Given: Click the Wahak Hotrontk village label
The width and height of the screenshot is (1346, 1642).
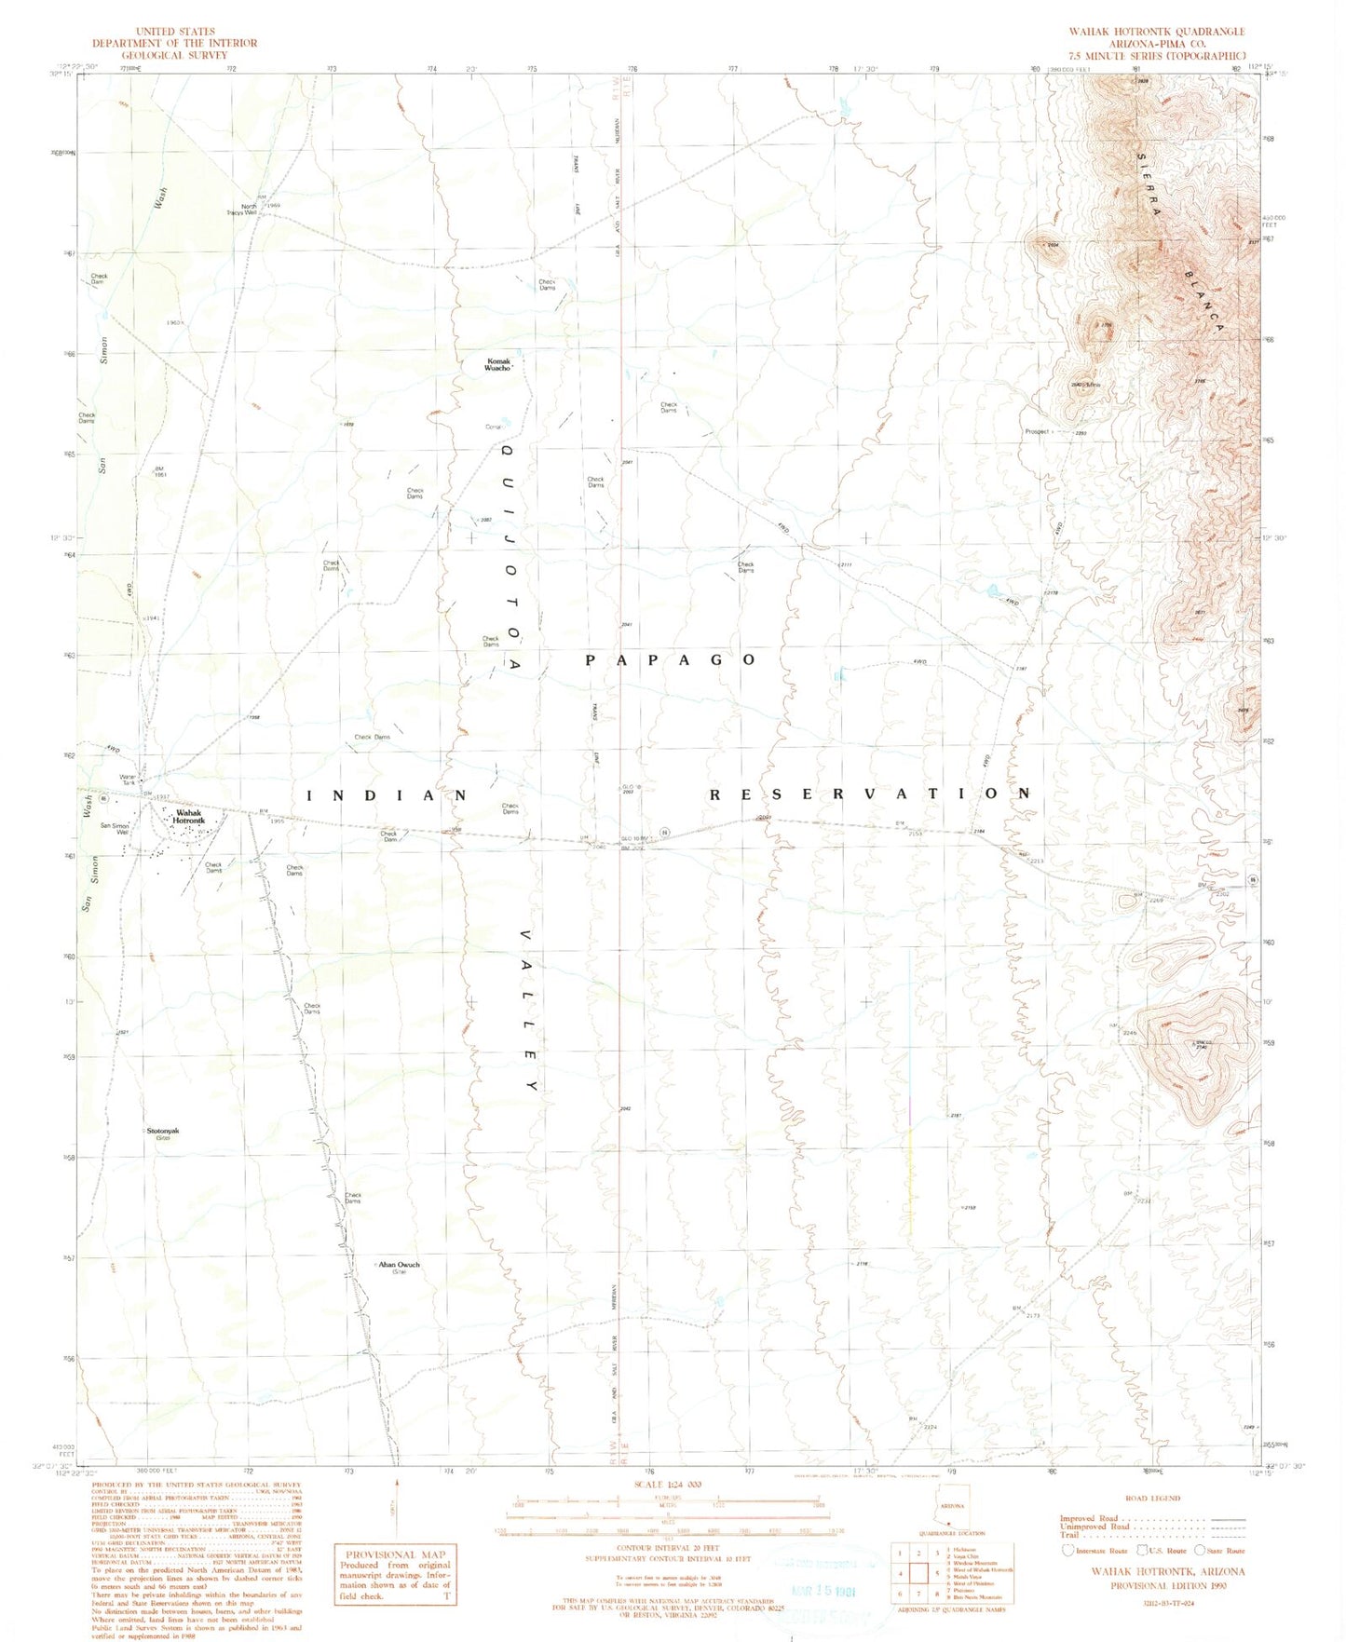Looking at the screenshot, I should tap(189, 816).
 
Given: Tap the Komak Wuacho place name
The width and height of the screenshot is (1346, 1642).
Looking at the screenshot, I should tap(496, 365).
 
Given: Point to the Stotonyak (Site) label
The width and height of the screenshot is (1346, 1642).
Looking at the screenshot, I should tap(162, 1133).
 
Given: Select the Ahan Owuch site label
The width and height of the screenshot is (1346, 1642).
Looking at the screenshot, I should tap(399, 1266).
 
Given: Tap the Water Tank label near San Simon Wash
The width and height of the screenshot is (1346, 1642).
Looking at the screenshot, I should tap(128, 780).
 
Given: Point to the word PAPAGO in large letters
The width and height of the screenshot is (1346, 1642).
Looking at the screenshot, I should tap(671, 659).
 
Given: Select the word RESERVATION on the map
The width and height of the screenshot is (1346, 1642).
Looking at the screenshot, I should tap(871, 794).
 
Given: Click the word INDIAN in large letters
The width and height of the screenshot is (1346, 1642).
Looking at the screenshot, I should tap(387, 794).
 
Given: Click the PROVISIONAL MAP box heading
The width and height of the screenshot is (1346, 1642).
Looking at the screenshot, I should tap(396, 1554).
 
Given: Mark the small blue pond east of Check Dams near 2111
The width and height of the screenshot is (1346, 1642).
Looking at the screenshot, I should tap(994, 590).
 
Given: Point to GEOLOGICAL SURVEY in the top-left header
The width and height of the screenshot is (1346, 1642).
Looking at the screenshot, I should tap(174, 55).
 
